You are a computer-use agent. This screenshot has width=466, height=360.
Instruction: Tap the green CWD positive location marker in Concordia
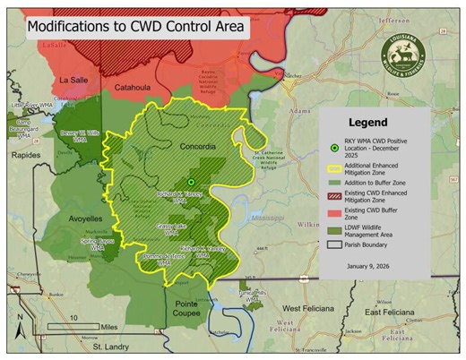(191, 182)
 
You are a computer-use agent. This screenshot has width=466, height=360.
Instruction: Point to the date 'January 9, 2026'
(375, 266)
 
